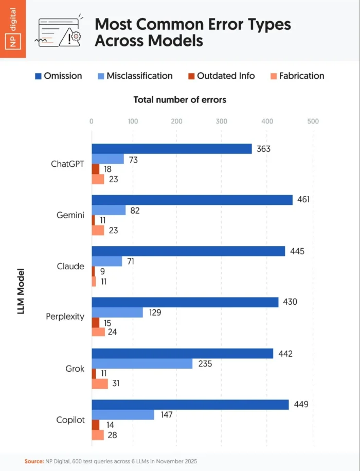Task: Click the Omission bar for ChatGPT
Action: click(x=171, y=149)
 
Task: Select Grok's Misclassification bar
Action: click(x=142, y=363)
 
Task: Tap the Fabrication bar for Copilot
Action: click(x=98, y=435)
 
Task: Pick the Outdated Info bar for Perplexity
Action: click(x=96, y=322)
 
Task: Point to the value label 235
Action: click(x=205, y=363)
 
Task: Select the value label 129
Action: click(x=155, y=312)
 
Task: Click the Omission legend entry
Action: click(x=58, y=76)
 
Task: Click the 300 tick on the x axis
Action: click(x=221, y=121)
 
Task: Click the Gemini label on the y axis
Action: click(x=70, y=215)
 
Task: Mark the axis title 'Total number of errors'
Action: click(x=179, y=100)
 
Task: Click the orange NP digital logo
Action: click(x=13, y=30)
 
